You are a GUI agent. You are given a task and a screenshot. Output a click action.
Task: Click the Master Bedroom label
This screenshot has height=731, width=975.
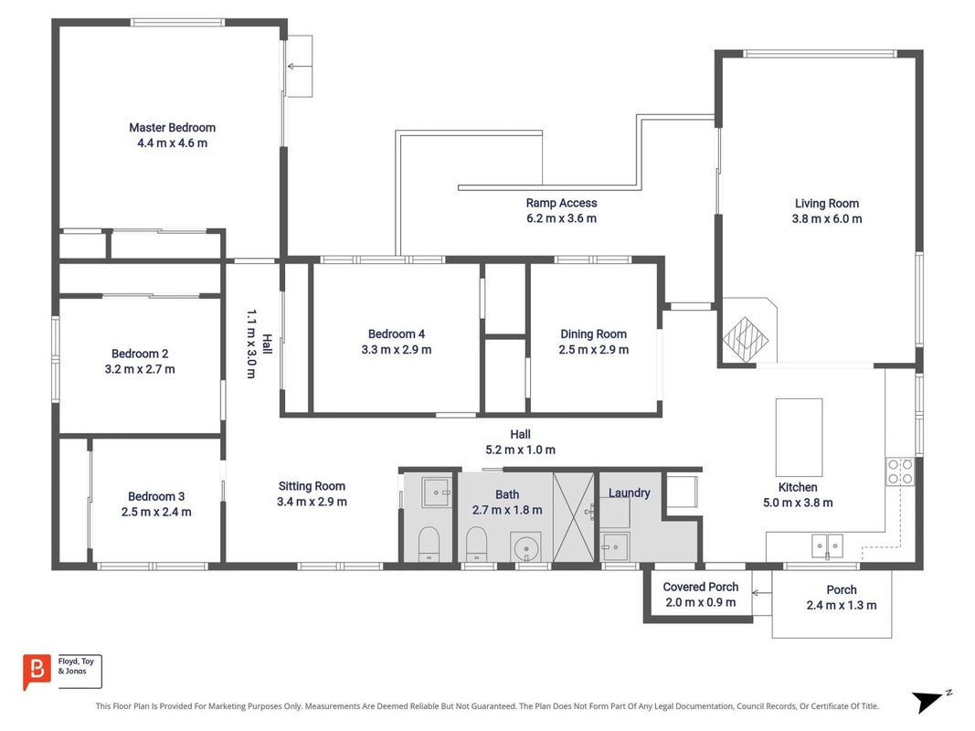coord(172,127)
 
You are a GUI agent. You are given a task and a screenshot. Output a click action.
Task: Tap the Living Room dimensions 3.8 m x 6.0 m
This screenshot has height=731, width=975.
coord(826,218)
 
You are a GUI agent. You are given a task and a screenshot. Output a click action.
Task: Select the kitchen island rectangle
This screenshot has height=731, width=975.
coord(799,438)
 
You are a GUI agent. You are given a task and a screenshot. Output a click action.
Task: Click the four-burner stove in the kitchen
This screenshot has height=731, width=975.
coord(900,471)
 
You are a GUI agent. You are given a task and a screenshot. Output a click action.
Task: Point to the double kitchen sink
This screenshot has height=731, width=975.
coord(827,546)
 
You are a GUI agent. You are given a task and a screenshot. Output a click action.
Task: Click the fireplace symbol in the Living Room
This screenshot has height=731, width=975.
coord(745,339)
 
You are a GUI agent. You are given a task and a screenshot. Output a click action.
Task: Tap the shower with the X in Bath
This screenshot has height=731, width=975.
coord(573,517)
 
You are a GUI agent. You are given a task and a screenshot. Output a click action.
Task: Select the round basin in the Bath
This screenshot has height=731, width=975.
coord(526,548)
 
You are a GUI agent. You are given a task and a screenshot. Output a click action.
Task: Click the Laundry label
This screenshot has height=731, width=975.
coord(630,493)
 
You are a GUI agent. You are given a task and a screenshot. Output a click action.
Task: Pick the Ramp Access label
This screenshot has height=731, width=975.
coord(561,203)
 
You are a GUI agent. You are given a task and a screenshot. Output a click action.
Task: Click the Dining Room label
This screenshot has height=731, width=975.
coord(594,334)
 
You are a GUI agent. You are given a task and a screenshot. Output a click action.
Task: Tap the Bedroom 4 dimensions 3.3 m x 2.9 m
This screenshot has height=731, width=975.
coord(396,350)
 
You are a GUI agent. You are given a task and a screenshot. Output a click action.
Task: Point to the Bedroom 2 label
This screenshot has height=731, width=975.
coord(140,354)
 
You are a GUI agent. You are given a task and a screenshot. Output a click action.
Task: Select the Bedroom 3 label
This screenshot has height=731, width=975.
coord(156,497)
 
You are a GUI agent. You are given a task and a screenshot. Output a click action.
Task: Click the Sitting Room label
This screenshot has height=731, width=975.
coord(312,486)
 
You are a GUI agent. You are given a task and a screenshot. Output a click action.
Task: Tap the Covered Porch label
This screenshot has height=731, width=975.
coord(701,587)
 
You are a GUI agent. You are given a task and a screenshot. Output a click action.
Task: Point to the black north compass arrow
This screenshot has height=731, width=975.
coord(927,701)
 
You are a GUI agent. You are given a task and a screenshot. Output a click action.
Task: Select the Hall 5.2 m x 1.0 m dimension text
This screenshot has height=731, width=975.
coord(521,450)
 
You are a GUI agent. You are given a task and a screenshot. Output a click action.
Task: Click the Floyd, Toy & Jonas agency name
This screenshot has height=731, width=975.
coord(76,666)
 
